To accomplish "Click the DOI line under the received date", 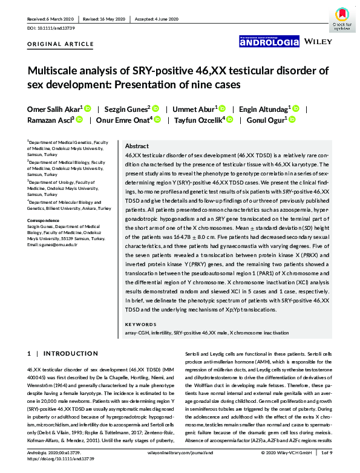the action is [x=51, y=28].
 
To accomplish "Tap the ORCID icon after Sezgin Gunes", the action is [x=155, y=109].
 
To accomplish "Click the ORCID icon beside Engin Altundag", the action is [x=296, y=109].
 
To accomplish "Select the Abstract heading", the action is [x=136, y=146].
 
